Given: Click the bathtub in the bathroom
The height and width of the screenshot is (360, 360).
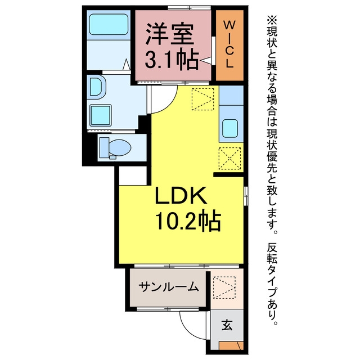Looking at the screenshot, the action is (109, 24).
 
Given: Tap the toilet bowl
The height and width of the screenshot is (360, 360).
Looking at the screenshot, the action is (119, 147).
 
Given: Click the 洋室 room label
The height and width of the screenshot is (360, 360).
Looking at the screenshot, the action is (169, 34).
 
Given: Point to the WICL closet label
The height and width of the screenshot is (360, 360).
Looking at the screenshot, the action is (229, 44).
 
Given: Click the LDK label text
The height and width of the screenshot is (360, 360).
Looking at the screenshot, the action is (181, 195).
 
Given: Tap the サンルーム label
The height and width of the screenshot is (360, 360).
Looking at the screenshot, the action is (168, 287).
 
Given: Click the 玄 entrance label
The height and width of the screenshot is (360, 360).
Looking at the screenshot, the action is (227, 325).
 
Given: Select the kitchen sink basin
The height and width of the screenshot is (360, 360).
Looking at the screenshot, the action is (230, 129).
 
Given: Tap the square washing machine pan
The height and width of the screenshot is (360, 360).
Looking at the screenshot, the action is (101, 115).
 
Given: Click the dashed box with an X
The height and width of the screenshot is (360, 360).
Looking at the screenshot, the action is (230, 159).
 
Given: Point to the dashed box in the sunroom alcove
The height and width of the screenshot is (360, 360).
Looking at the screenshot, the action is (224, 287).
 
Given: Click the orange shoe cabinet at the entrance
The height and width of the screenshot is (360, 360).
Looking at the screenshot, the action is (231, 345).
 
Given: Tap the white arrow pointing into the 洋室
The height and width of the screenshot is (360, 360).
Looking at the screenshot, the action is (206, 60).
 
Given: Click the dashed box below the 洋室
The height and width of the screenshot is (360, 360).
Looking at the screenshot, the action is (202, 99).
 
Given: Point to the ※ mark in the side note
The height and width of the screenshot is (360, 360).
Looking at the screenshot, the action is (272, 21).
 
